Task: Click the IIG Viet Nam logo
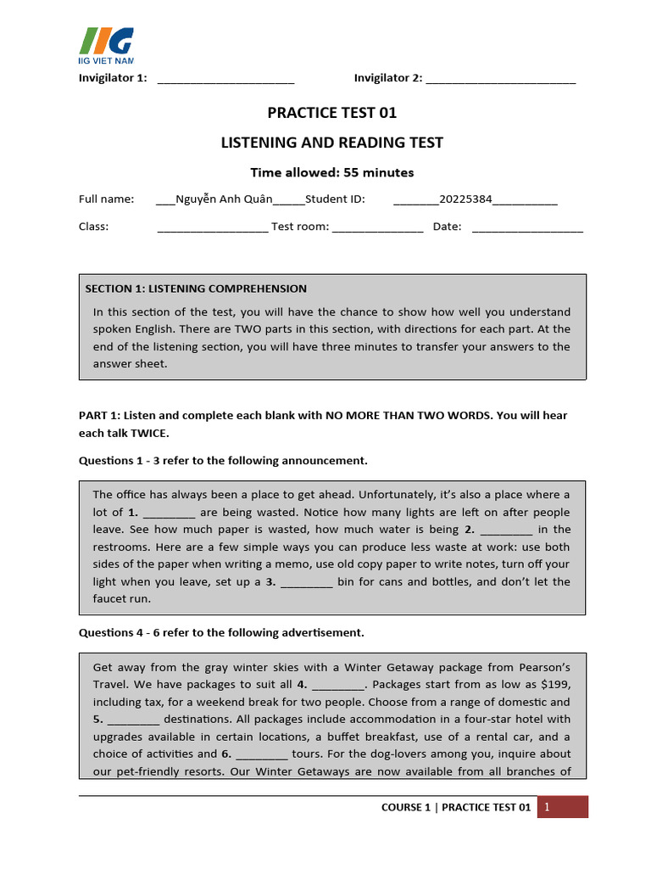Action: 106,46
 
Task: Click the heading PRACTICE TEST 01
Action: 331,113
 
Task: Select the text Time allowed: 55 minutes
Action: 331,172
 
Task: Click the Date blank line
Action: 527,227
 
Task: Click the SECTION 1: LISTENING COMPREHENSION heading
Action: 196,289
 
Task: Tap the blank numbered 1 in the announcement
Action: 170,513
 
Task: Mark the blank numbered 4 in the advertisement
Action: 337,685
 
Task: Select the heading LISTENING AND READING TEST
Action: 331,143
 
